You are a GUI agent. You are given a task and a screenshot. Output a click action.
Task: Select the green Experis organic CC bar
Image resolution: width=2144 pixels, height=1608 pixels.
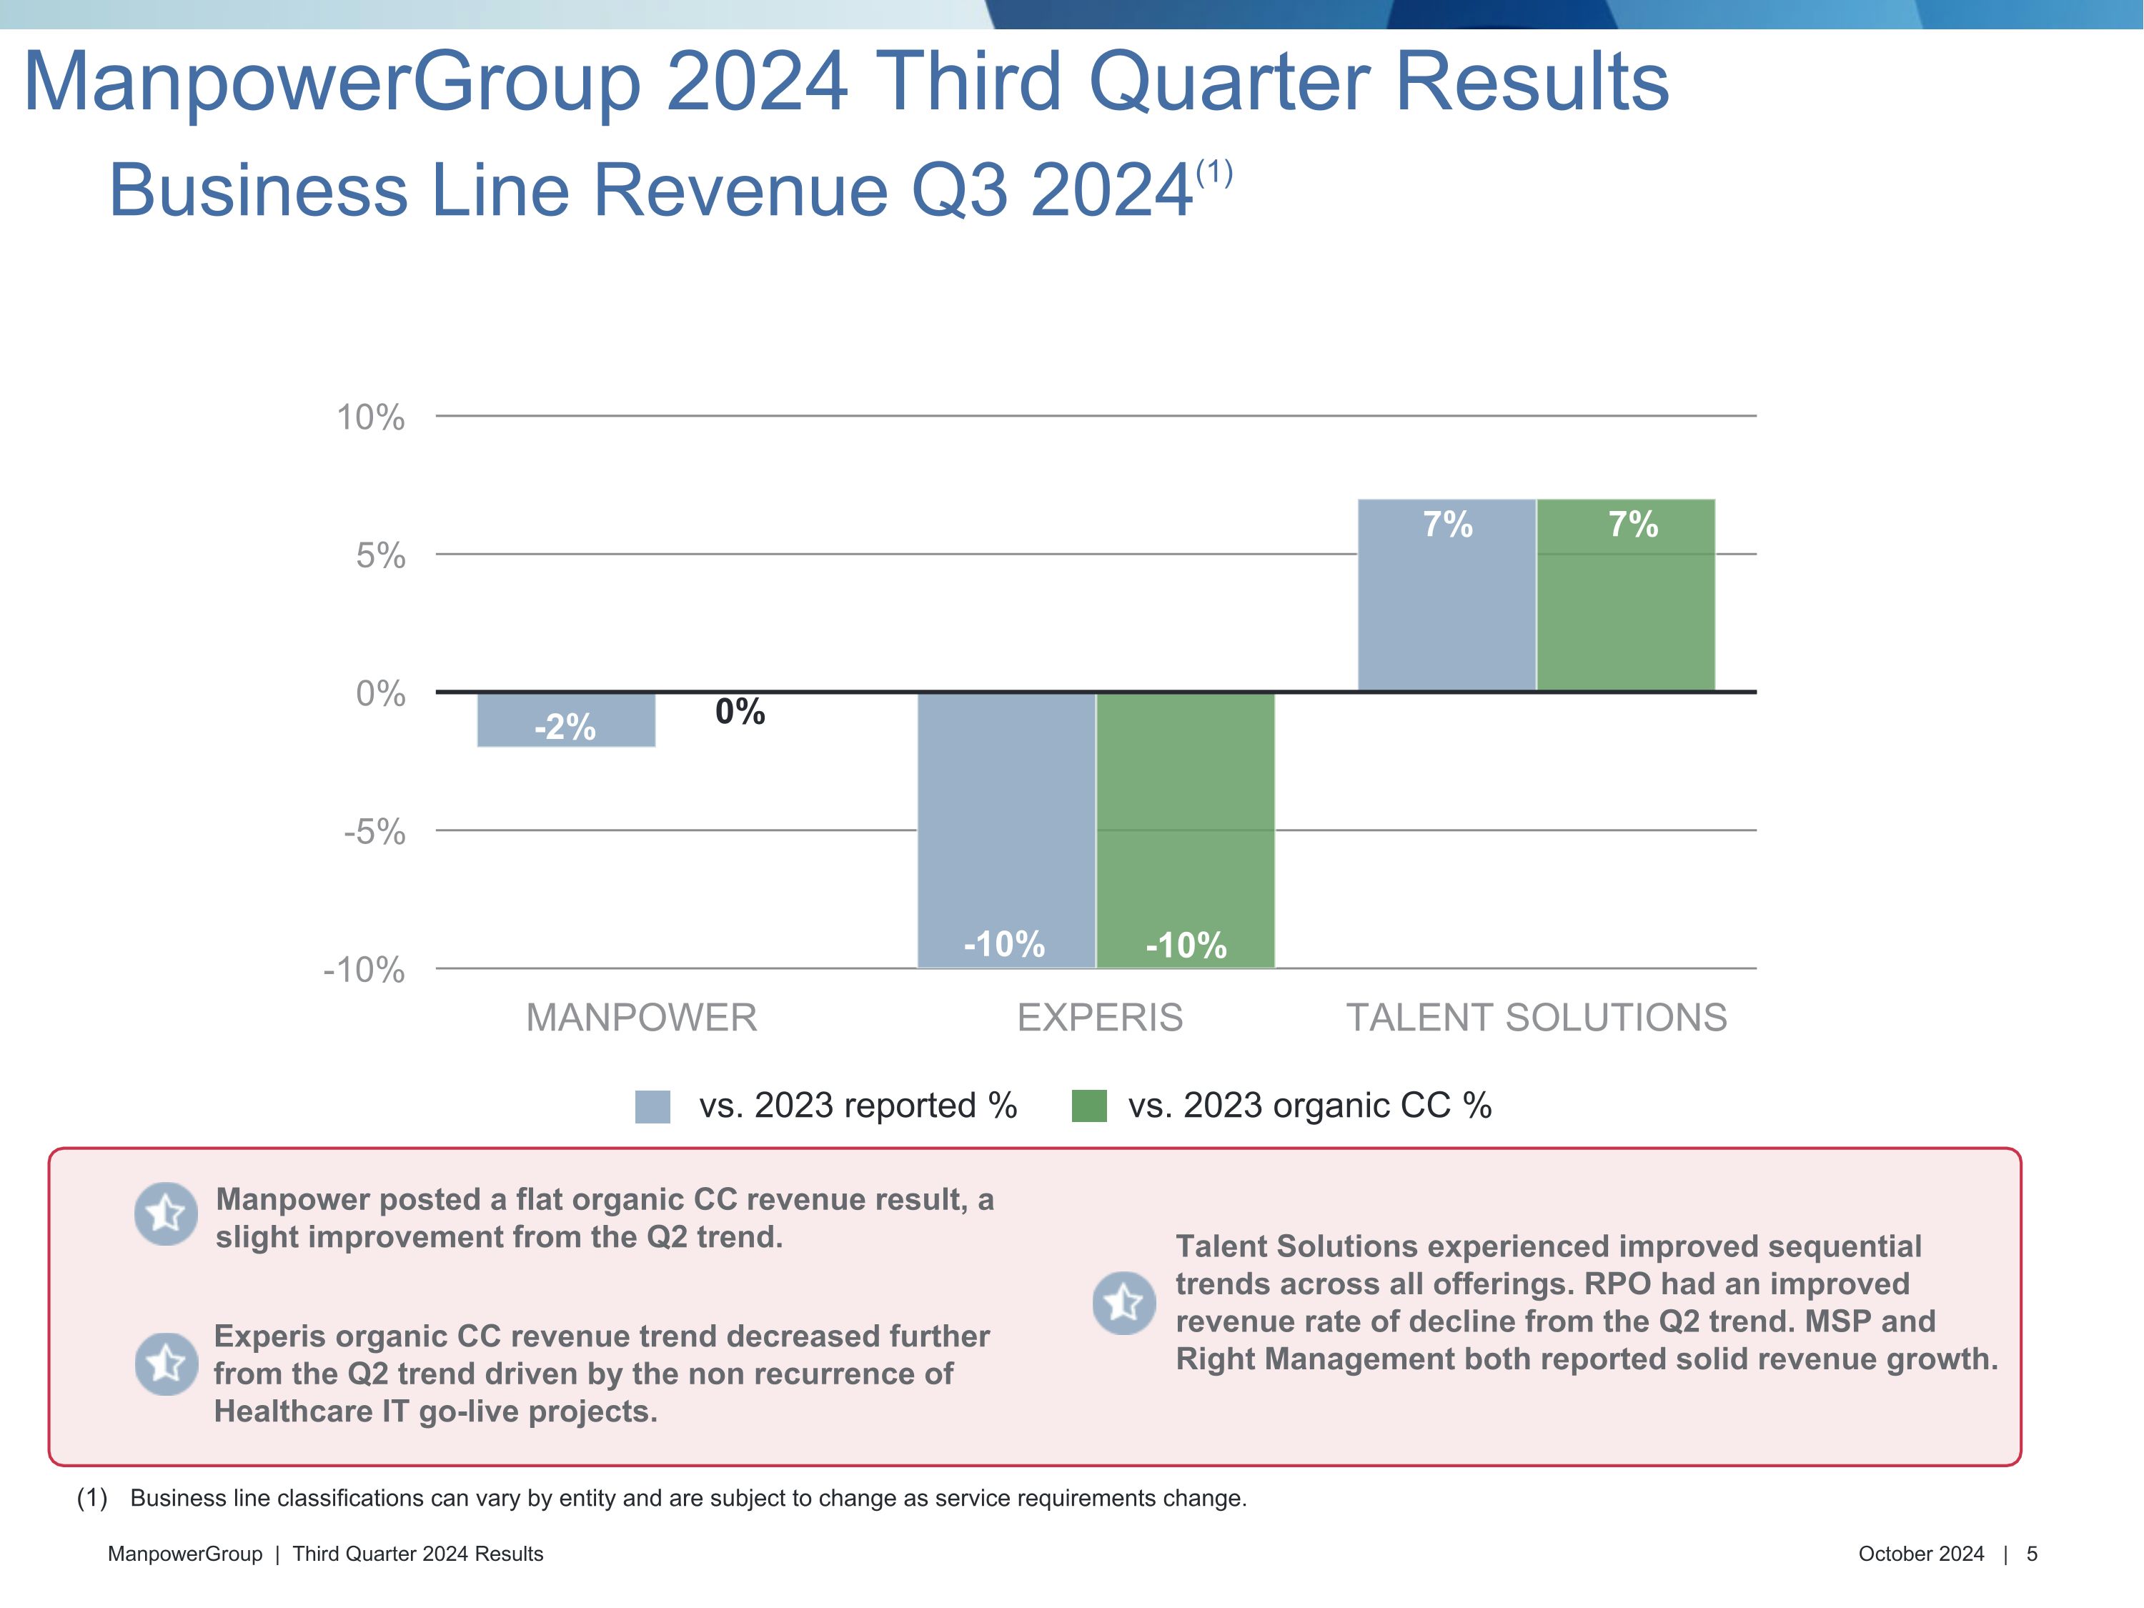pos(1186,830)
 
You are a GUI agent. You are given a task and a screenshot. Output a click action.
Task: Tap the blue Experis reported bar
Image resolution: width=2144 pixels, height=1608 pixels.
pos(1006,830)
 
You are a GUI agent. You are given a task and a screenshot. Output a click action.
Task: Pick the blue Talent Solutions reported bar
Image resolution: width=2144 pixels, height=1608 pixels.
pos(1446,595)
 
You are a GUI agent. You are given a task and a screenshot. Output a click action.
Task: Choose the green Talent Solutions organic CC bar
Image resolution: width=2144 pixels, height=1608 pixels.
pos(1625,595)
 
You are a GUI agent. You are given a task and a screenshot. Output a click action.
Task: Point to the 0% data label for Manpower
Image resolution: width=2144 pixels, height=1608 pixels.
pos(740,713)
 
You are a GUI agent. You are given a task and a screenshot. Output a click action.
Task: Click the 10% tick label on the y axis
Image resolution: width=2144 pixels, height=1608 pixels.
pos(370,418)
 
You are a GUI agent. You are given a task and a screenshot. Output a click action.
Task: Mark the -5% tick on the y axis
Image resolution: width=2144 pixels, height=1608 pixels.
pos(374,832)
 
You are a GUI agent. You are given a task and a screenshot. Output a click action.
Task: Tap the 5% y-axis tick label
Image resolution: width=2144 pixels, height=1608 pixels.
pos(380,555)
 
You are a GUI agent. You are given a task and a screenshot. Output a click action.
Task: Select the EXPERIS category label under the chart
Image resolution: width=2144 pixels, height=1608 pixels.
pos(1100,1018)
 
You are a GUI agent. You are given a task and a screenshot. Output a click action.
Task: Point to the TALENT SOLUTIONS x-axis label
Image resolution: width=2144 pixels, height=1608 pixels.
pos(1537,1018)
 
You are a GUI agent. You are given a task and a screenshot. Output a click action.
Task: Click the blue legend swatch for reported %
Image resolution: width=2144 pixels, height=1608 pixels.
pos(652,1106)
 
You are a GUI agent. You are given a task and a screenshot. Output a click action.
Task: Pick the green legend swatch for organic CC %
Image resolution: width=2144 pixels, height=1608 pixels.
pos(1088,1106)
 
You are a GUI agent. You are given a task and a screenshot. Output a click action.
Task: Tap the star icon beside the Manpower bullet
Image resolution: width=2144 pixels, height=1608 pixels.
pos(166,1214)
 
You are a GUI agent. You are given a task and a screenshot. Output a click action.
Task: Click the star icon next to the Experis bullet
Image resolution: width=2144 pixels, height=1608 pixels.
pos(166,1364)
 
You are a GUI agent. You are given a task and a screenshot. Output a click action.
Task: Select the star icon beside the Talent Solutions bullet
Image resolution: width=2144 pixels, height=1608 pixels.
pos(1123,1303)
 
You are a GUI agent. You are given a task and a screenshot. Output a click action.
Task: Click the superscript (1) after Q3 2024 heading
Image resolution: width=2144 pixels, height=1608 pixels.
pos(1214,174)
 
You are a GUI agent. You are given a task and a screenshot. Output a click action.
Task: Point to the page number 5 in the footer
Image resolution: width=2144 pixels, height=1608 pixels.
pos(2032,1554)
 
